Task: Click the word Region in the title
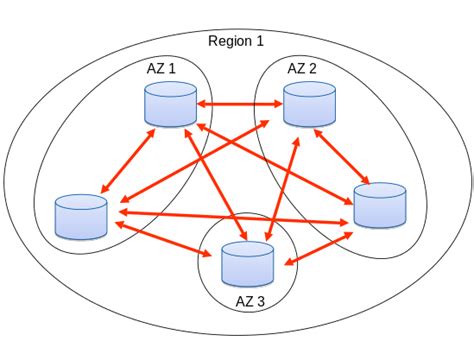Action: pos(230,41)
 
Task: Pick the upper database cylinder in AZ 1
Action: pos(169,105)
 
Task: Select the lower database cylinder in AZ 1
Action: pos(81,216)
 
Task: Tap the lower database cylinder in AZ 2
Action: pos(380,206)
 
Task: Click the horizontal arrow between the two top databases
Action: pos(239,103)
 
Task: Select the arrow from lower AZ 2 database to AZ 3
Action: pos(318,249)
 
